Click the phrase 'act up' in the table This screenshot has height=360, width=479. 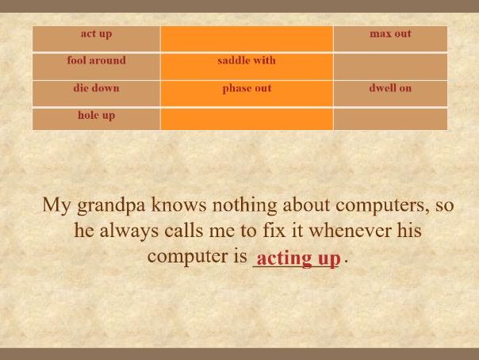96,34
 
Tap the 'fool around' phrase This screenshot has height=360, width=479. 96,60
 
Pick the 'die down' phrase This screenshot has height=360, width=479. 96,88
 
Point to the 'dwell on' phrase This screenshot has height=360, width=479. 390,88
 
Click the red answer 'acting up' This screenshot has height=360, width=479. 298,259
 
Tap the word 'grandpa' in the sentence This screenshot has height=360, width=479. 111,205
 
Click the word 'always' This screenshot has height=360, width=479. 129,231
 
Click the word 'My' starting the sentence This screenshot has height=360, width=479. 56,205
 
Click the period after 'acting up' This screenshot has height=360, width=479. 346,262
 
